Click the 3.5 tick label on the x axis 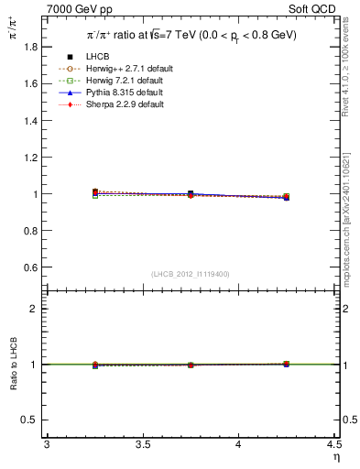142,444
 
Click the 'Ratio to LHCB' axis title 13,364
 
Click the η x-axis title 335,456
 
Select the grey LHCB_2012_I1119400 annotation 190,274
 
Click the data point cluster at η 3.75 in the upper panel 191,194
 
